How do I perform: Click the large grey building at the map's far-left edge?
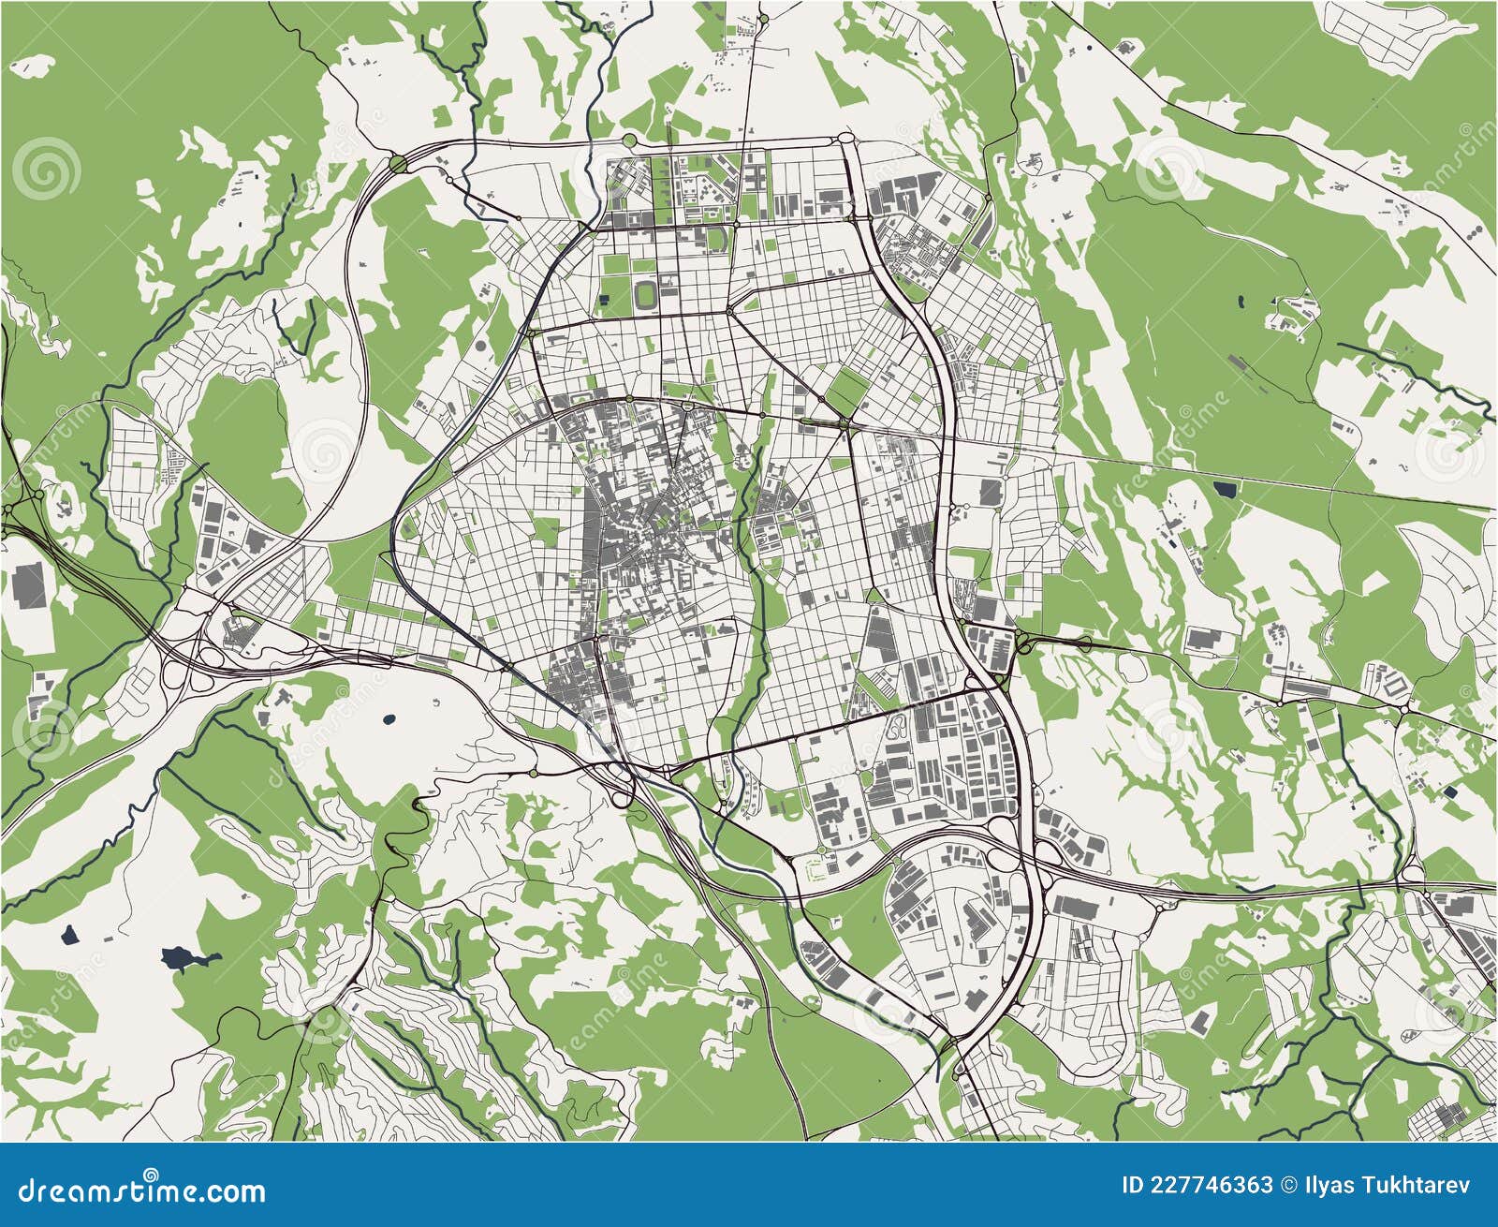(29, 586)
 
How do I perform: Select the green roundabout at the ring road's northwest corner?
(398, 165)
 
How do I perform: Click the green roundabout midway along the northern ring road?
(629, 140)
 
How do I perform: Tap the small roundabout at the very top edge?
(763, 18)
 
